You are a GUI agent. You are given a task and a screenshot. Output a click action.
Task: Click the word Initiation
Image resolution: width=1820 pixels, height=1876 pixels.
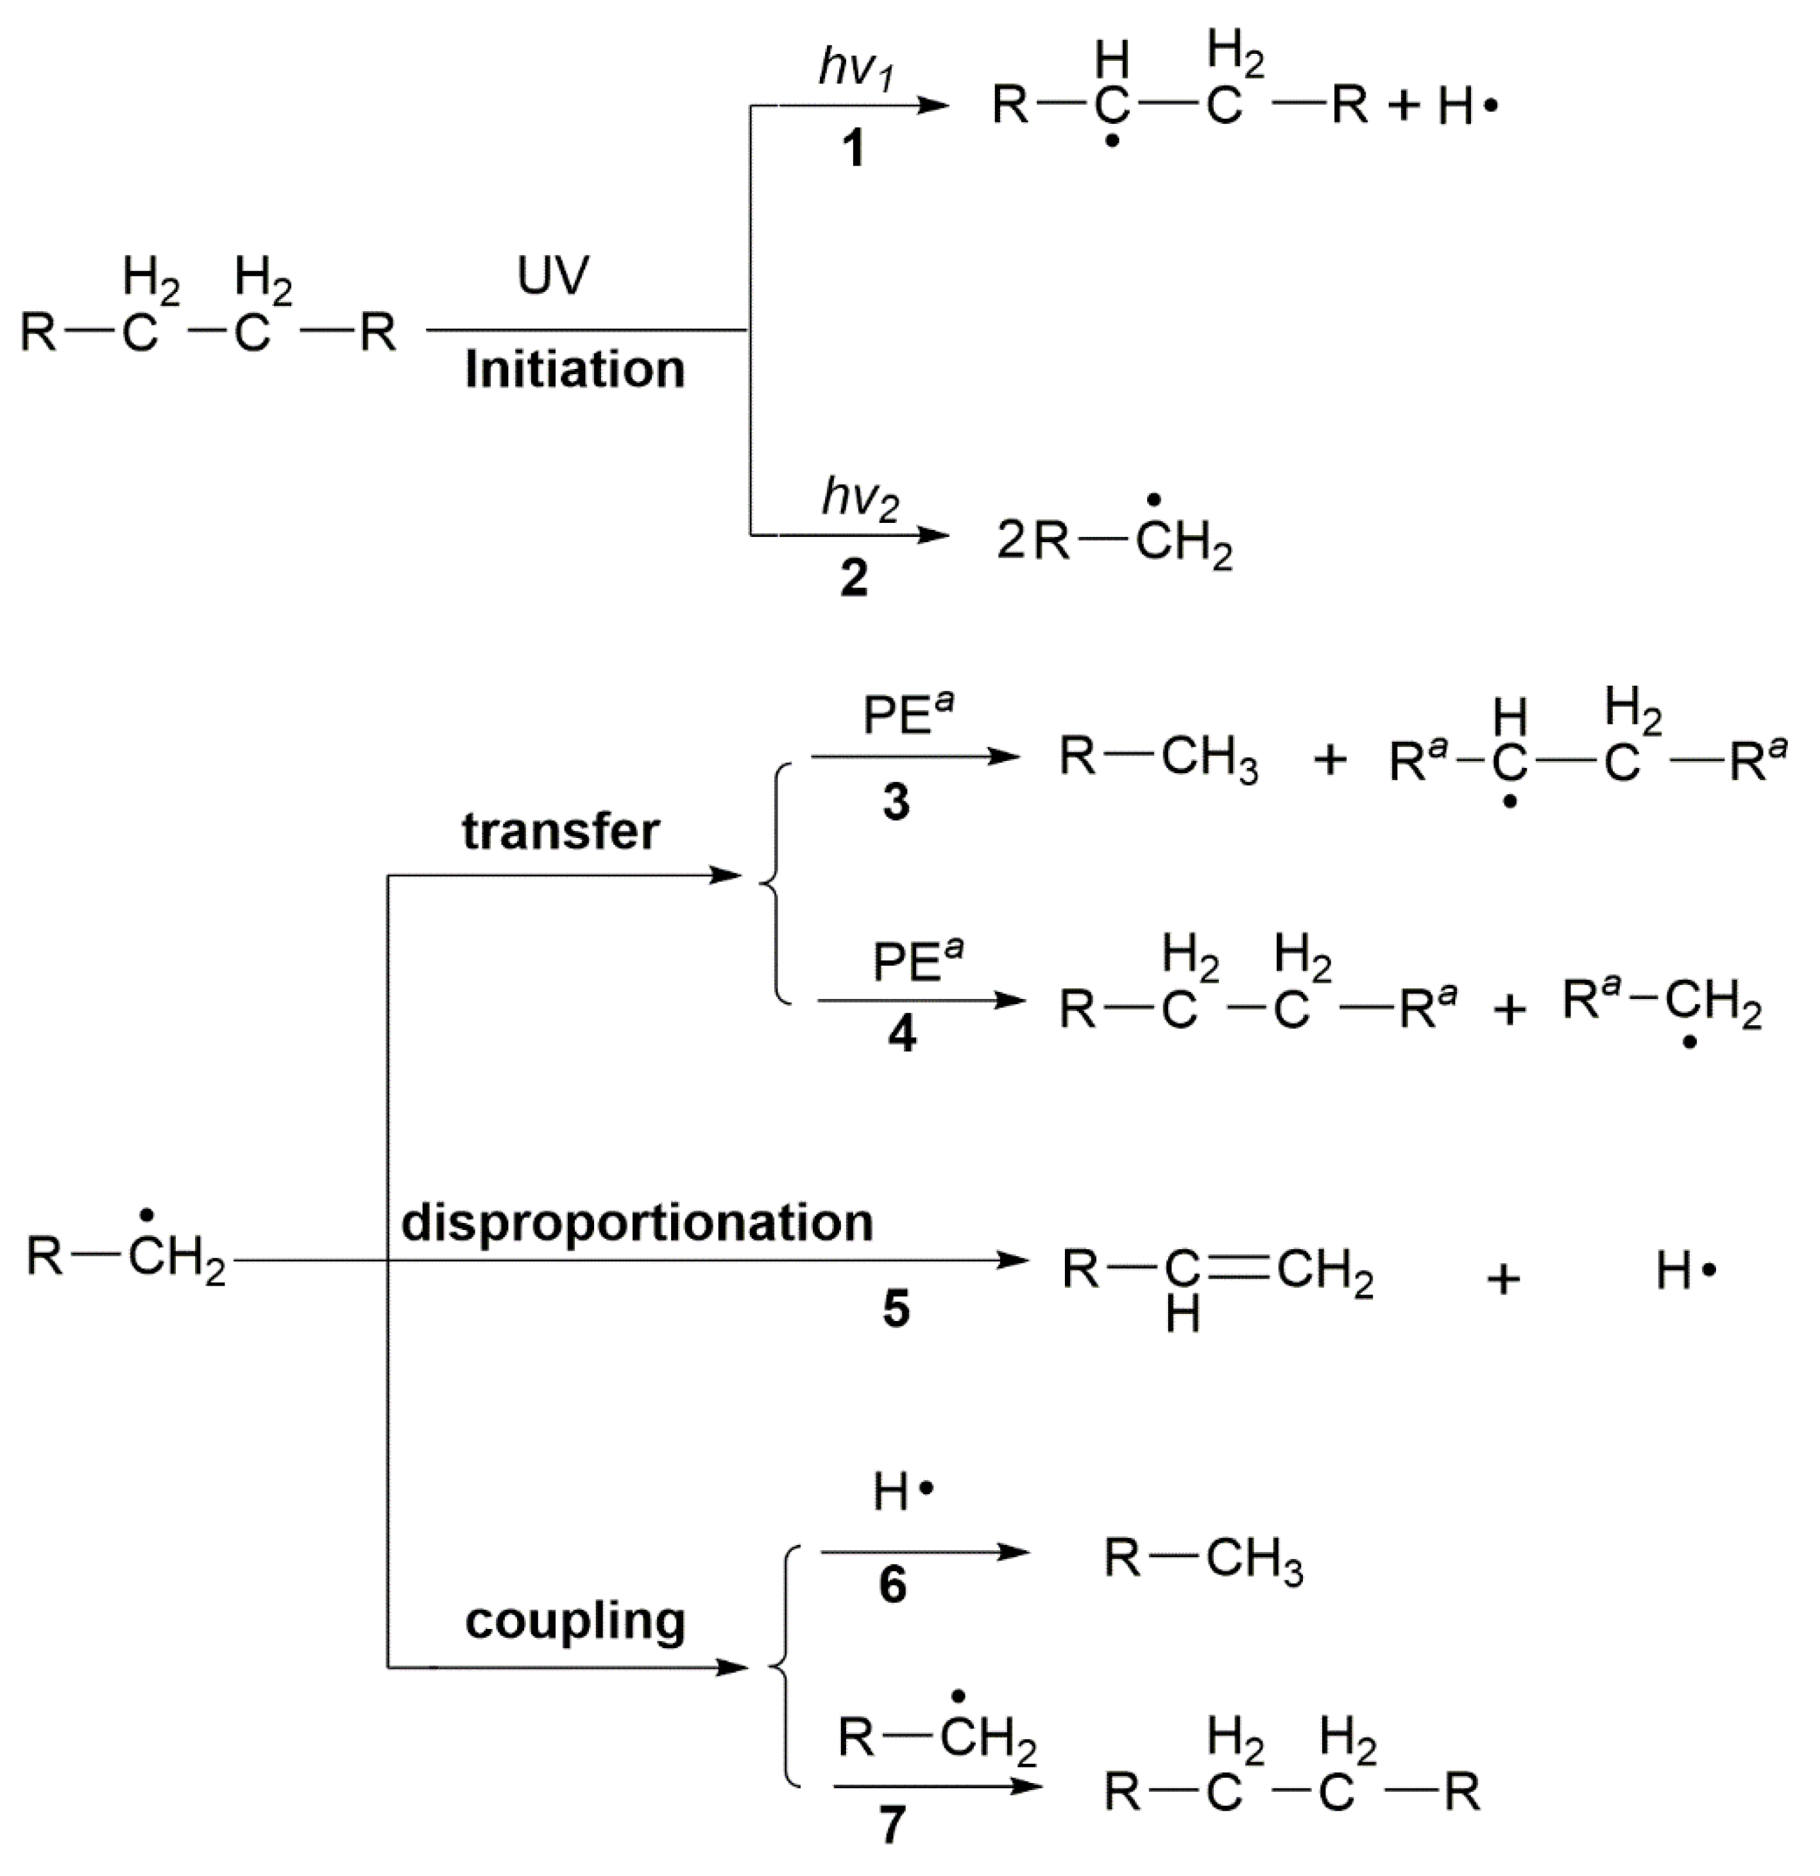pos(575,370)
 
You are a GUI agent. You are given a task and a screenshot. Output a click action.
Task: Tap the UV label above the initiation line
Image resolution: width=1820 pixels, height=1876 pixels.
pos(553,277)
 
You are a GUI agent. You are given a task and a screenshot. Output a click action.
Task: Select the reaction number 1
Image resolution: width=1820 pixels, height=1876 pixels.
pos(853,149)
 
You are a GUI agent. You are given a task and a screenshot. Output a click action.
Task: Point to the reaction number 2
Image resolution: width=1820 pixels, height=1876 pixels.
pos(853,577)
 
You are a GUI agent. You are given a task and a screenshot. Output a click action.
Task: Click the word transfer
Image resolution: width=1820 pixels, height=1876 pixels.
pos(561,831)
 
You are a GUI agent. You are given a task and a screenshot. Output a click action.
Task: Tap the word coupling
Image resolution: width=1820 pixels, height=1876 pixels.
pos(575,1621)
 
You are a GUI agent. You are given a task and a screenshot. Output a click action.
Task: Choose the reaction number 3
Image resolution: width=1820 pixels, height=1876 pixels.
pos(896,801)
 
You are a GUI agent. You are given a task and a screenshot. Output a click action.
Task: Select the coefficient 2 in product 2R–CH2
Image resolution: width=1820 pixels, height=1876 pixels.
pos(1010,541)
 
